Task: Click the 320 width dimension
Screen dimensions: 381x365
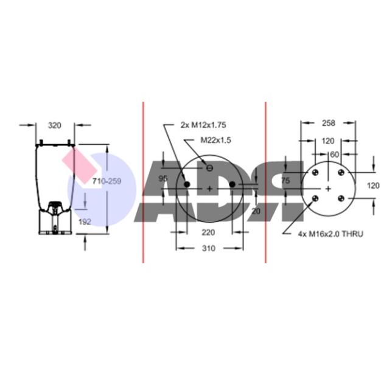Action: coord(54,125)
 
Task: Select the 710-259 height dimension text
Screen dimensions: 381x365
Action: coord(107,181)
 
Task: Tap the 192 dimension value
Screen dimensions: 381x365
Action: coord(85,221)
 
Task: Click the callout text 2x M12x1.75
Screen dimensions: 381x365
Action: coord(203,125)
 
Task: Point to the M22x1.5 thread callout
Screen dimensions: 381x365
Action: coord(215,140)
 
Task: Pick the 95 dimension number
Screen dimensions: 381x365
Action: coord(163,178)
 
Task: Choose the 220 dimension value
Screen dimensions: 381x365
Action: coord(208,232)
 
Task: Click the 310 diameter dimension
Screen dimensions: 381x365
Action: coord(209,248)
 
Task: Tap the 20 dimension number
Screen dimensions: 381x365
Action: coord(256,211)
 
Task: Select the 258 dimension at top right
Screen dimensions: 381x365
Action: coord(329,123)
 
